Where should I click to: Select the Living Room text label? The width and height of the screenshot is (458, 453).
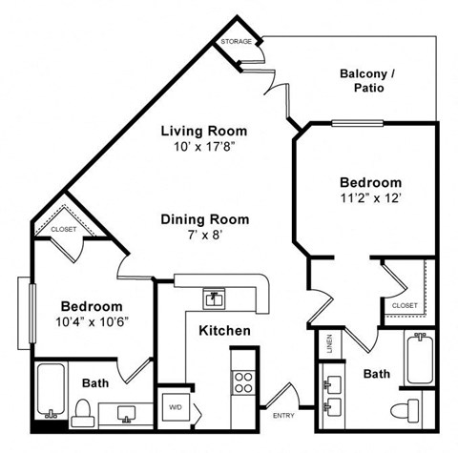(x=203, y=131)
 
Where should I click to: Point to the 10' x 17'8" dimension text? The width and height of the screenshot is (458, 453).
(x=203, y=148)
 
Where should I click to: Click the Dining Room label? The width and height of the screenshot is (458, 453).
(x=204, y=219)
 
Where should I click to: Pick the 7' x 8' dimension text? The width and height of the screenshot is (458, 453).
(x=204, y=236)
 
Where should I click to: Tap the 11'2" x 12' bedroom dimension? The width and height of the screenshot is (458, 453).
(x=370, y=198)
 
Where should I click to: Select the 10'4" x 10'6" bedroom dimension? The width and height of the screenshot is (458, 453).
(x=93, y=321)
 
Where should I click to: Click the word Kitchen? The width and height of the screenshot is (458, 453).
(x=224, y=331)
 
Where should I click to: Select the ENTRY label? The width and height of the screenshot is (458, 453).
(x=283, y=415)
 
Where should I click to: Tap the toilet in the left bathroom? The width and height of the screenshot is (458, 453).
(x=82, y=409)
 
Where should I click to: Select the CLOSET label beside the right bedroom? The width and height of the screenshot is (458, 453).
(x=404, y=305)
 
